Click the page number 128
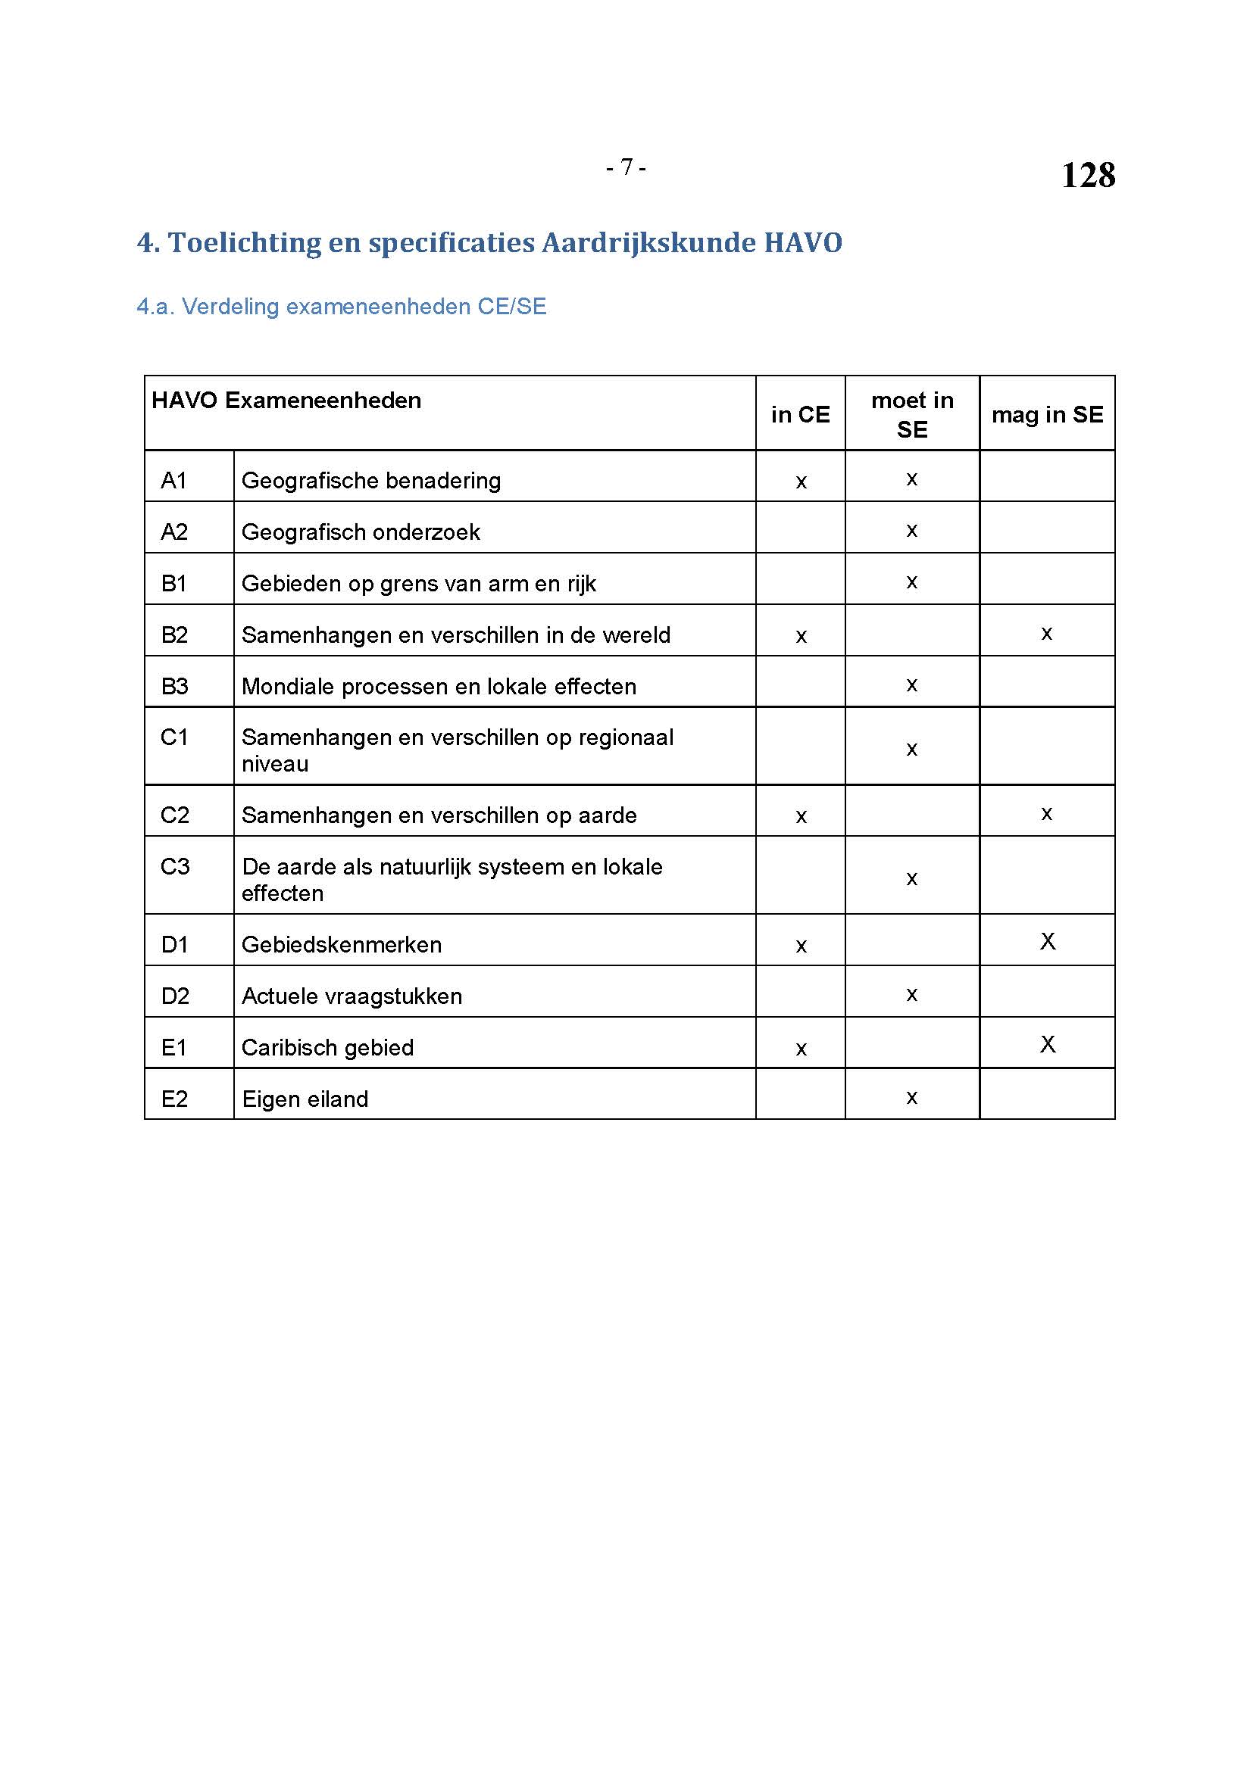(x=1087, y=175)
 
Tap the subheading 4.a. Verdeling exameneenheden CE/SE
(x=341, y=307)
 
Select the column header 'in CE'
(x=800, y=415)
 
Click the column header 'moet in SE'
(x=912, y=415)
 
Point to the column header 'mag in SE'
(x=1047, y=415)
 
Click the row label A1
(x=174, y=481)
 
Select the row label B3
(x=174, y=687)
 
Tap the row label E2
(x=174, y=1099)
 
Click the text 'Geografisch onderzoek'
(x=361, y=532)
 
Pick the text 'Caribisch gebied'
(x=327, y=1047)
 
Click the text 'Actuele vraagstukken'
(x=351, y=996)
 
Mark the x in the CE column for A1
(x=801, y=482)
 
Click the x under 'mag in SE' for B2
(x=1046, y=634)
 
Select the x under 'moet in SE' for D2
(x=911, y=995)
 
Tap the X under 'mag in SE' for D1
(x=1047, y=941)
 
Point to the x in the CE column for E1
(x=801, y=1049)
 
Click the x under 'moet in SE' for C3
(x=911, y=879)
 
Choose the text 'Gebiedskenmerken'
(x=341, y=945)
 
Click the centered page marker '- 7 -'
(x=626, y=167)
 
